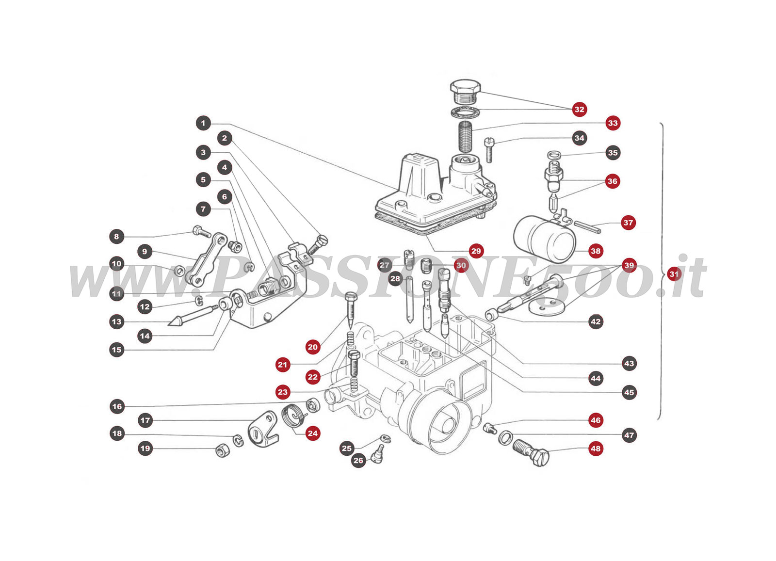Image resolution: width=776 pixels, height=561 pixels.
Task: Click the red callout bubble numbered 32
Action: click(579, 109)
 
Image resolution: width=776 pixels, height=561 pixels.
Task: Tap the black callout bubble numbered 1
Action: click(203, 123)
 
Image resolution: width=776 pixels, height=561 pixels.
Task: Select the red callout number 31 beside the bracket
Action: click(674, 274)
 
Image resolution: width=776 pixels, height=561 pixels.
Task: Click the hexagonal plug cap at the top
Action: click(465, 90)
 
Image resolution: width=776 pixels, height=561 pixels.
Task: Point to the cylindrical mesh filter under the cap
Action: click(466, 136)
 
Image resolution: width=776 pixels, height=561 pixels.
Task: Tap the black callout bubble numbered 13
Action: click(116, 321)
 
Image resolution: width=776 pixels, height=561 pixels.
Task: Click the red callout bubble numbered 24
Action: click(313, 433)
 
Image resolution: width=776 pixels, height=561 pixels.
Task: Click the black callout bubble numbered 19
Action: click(145, 448)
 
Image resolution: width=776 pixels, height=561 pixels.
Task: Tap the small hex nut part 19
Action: click(222, 451)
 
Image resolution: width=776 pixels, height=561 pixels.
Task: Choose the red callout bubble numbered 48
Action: click(596, 449)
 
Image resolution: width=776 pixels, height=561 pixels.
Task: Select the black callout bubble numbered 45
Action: click(629, 392)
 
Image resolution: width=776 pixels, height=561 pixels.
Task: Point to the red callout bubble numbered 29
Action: click(476, 251)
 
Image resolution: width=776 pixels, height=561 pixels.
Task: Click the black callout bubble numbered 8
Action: click(116, 237)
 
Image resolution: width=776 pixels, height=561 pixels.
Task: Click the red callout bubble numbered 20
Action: click(313, 347)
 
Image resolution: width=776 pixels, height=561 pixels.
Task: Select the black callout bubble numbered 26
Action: click(358, 460)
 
